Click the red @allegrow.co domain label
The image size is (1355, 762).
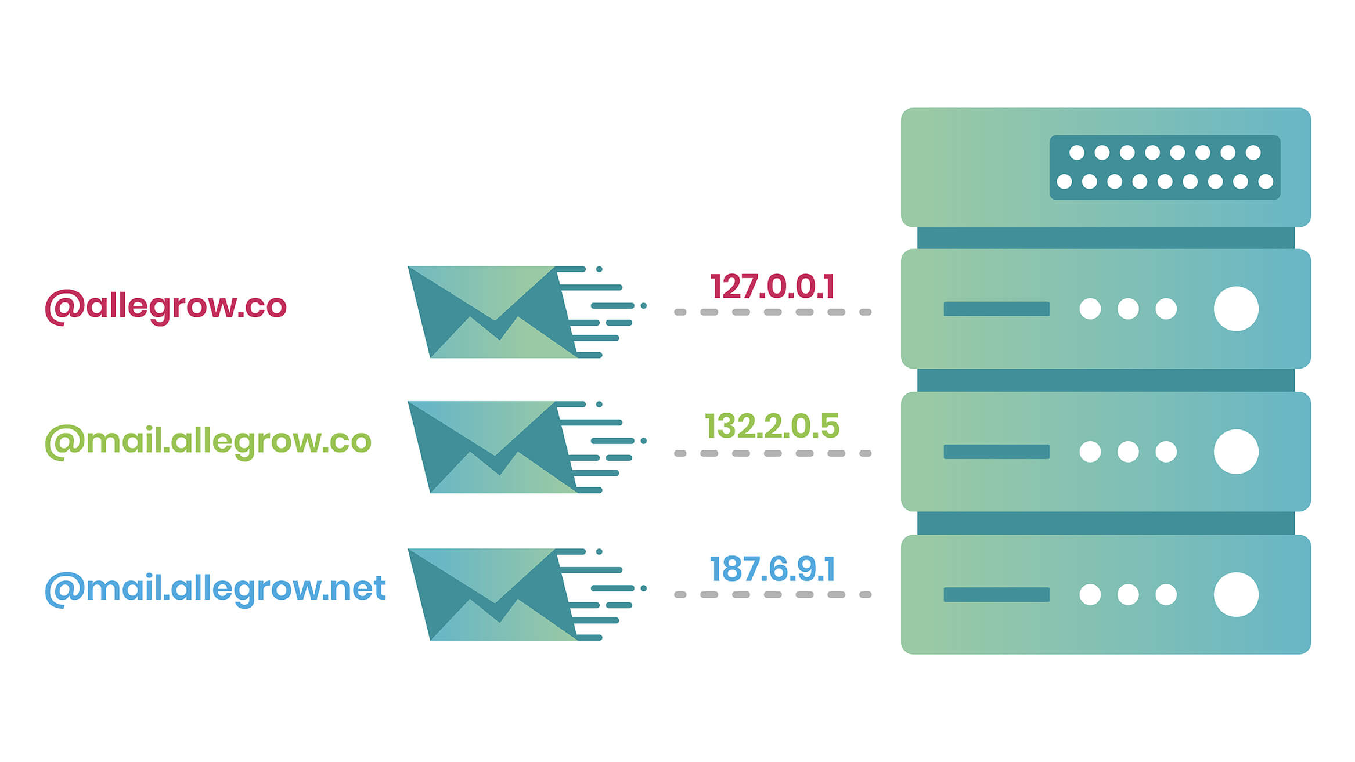point(166,306)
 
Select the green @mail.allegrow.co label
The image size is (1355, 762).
point(208,441)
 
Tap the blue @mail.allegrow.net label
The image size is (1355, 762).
point(215,588)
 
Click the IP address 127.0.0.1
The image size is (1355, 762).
point(773,286)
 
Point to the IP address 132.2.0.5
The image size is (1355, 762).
point(772,427)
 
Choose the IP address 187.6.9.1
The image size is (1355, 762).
point(772,569)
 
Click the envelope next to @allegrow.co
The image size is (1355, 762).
point(493,312)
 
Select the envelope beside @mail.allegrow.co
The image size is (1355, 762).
point(493,447)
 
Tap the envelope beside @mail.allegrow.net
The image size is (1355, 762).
point(493,594)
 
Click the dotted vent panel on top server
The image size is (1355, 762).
point(1165,167)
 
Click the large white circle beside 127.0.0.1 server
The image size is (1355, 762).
point(1236,309)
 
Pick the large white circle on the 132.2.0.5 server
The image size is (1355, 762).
point(1236,452)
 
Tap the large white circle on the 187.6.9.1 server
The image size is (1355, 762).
point(1236,594)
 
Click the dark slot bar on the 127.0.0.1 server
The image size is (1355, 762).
point(996,309)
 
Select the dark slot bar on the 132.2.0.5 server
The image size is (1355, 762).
point(996,452)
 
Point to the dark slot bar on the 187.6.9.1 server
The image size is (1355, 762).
point(996,594)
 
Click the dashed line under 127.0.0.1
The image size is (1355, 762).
point(773,312)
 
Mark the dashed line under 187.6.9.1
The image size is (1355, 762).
point(773,594)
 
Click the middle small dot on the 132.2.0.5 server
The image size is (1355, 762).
point(1128,452)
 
